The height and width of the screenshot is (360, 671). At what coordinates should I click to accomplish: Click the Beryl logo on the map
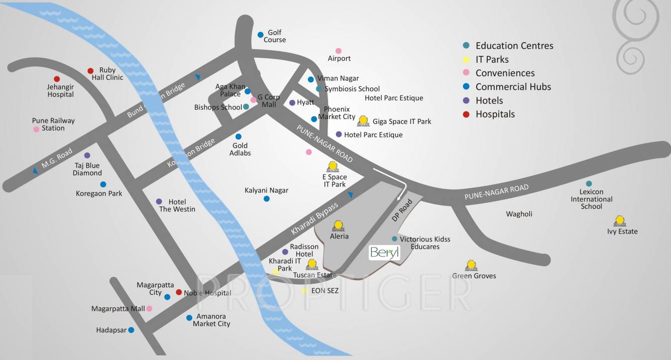(384, 253)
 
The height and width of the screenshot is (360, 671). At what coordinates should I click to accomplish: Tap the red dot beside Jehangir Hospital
(57, 79)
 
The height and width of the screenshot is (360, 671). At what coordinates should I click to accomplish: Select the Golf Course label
(275, 36)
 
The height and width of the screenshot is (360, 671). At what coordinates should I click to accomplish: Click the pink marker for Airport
(338, 51)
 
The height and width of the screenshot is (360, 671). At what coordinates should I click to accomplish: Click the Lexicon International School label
(591, 199)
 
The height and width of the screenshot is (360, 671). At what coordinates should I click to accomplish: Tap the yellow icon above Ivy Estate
(620, 221)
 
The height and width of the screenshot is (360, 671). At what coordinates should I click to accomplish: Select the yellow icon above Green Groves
(471, 265)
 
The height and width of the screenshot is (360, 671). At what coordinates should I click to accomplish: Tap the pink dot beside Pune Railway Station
(36, 129)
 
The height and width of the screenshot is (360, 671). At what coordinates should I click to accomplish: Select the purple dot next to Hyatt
(292, 102)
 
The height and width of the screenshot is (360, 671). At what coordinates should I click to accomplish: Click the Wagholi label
(519, 214)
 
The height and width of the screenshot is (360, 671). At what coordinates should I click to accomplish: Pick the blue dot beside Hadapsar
(131, 330)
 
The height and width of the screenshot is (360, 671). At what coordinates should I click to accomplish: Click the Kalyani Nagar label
(266, 190)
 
